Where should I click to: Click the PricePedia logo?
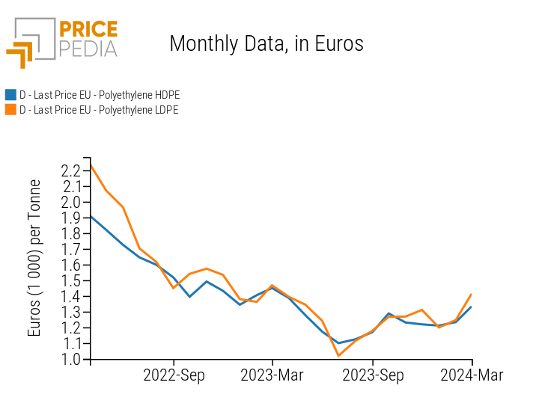[x=62, y=41]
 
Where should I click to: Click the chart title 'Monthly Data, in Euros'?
[x=266, y=43]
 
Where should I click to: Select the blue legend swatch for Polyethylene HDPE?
[x=10, y=95]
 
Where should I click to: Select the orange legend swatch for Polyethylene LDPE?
[x=10, y=109]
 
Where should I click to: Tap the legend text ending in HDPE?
[x=99, y=95]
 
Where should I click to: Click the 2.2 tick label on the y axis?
[x=72, y=170]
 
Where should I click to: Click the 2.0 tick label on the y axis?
[x=72, y=202]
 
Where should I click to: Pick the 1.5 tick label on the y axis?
[x=72, y=280]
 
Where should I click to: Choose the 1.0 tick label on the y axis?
[x=72, y=359]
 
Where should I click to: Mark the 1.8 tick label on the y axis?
[x=72, y=233]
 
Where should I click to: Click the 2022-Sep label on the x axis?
[x=174, y=375]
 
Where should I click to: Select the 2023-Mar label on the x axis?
[x=272, y=375]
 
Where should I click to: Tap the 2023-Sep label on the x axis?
[x=373, y=375]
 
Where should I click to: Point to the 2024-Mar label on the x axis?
[x=472, y=375]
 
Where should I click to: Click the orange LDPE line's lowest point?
[x=338, y=356]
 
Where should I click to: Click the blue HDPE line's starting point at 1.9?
[x=91, y=216]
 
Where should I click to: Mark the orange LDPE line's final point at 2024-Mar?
[x=472, y=295]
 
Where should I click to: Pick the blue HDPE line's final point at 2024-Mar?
[x=472, y=307]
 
